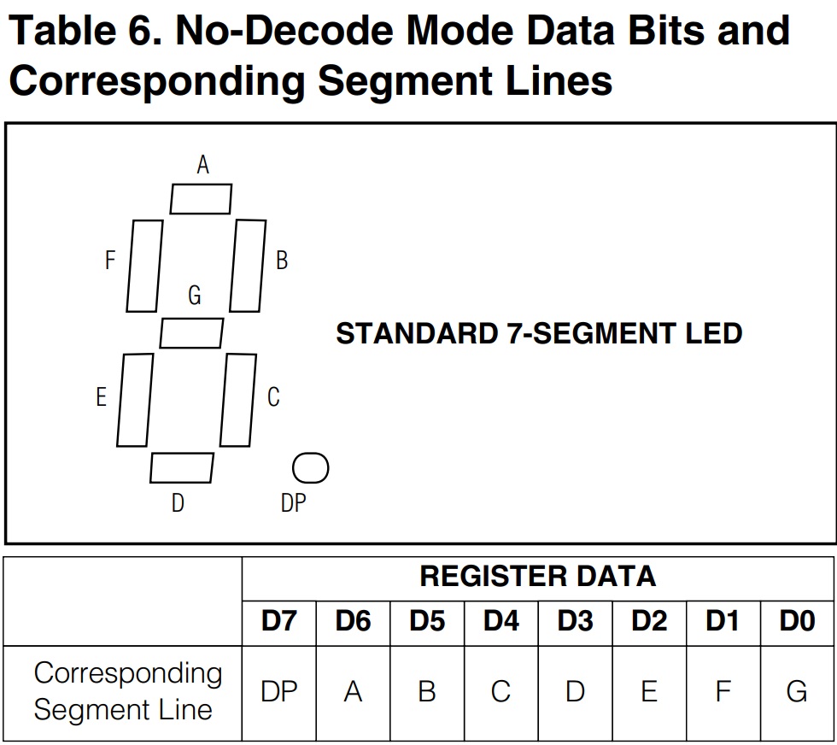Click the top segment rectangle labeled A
coord(201,199)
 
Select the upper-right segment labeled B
coord(248,266)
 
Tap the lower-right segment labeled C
coord(238,399)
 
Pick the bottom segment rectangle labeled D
coord(182,467)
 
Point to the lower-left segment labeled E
coord(134,400)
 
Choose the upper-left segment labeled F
coord(144,266)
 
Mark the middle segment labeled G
coord(191,332)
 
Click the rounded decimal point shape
coord(310,467)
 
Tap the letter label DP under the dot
coord(293,503)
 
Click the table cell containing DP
coord(279,691)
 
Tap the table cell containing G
coord(797,691)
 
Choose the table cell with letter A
coord(353,691)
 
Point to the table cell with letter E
coord(649,691)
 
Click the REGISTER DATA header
coord(537,577)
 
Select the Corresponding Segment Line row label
coord(126,691)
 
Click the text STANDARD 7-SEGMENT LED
coord(539,333)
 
